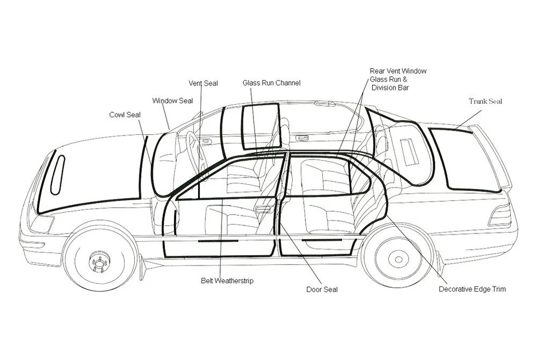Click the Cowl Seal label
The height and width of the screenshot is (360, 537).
click(x=124, y=115)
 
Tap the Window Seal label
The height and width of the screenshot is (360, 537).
click(x=172, y=101)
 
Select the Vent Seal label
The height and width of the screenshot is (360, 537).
click(x=203, y=83)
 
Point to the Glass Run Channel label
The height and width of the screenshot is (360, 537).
click(x=271, y=83)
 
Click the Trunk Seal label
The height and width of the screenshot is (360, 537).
click(x=485, y=101)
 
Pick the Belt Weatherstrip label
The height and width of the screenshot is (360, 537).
click(x=227, y=280)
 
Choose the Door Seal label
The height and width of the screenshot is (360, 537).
click(x=322, y=289)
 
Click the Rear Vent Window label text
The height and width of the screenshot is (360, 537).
click(x=398, y=71)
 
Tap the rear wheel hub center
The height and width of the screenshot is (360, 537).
click(x=398, y=259)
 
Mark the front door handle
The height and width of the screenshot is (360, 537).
click(x=264, y=209)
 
